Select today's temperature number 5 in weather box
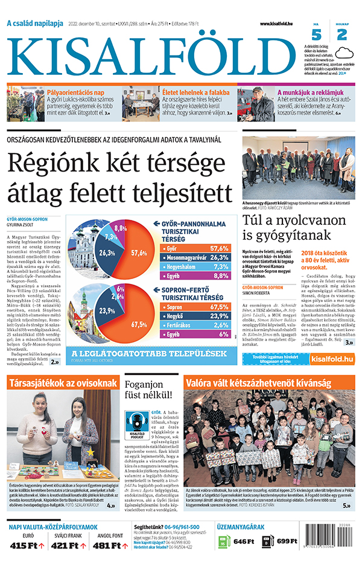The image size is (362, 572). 316,35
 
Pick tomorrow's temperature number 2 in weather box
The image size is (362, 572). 341,35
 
